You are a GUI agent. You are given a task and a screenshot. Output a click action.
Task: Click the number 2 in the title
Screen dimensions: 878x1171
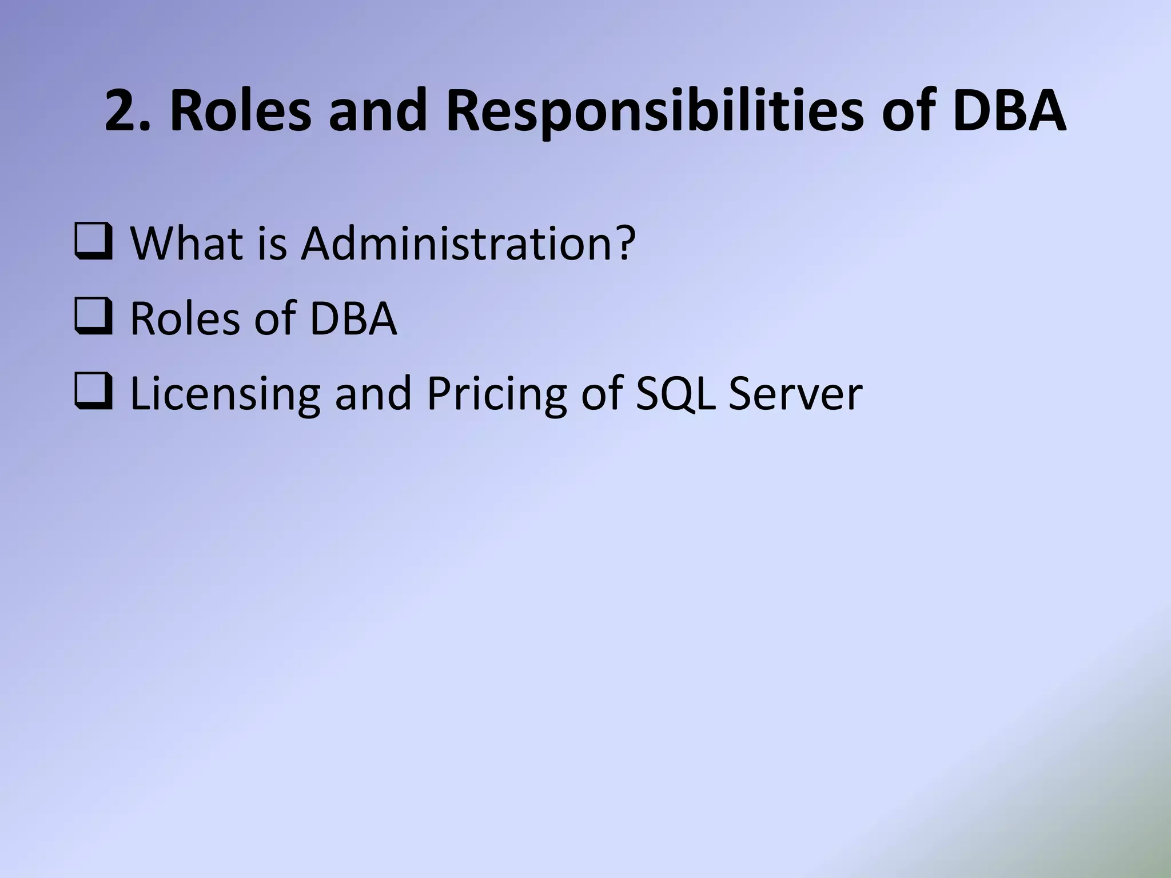(125, 110)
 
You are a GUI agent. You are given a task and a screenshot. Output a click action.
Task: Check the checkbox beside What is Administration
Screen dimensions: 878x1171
(93, 243)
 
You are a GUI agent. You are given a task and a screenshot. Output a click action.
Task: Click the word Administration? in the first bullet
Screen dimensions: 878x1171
(468, 243)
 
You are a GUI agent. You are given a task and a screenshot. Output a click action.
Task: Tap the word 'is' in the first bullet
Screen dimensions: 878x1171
(272, 243)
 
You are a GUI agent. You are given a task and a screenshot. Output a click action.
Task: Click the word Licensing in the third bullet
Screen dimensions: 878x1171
(225, 394)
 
